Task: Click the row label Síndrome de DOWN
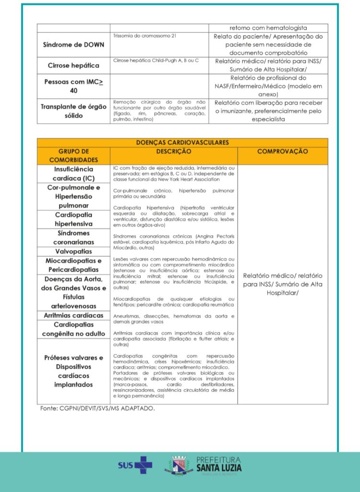73,45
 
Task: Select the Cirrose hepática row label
73,65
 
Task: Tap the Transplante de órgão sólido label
73,111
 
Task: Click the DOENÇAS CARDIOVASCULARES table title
182,143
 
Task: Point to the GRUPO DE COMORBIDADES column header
73,156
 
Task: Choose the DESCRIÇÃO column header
173,151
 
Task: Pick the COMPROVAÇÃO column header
283,151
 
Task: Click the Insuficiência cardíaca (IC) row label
73,174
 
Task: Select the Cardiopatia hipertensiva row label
73,219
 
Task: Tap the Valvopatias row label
73,251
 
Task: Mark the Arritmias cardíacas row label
73,315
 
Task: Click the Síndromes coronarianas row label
73,238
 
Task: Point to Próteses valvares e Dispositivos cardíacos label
73,371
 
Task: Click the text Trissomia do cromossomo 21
138,36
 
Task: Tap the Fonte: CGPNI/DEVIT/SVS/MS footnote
97,408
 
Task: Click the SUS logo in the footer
135,465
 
